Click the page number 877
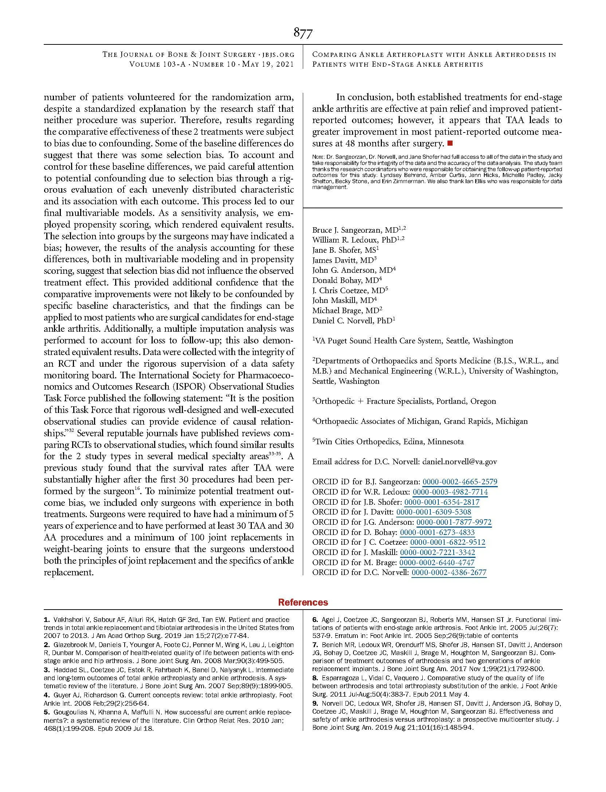[303, 34]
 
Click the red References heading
[303, 602]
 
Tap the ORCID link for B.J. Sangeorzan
[460, 481]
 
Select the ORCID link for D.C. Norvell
[449, 572]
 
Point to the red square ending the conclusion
[449, 143]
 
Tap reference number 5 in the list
[46, 712]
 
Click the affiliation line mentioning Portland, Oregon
[404, 401]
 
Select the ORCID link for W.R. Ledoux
[450, 492]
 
